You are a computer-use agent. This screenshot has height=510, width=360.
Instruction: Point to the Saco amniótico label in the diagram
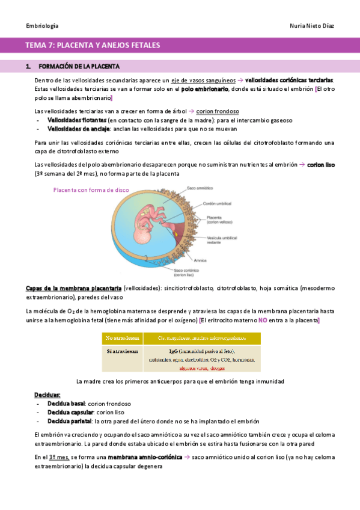click(x=200, y=188)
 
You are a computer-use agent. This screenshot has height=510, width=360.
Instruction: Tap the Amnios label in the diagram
click(x=200, y=260)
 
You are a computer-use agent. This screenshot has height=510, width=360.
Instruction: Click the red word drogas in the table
click(x=218, y=367)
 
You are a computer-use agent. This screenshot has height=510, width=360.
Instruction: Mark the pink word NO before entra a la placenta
click(x=263, y=321)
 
